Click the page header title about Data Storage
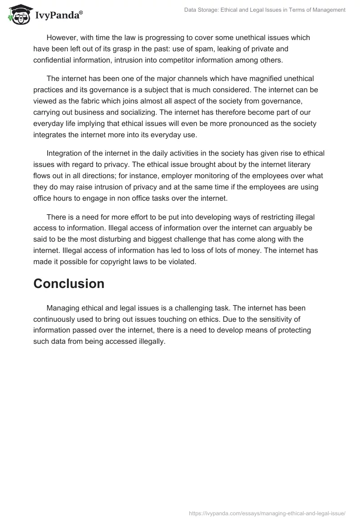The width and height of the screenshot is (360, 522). click(265, 9)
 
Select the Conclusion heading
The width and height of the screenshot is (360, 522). click(69, 283)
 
